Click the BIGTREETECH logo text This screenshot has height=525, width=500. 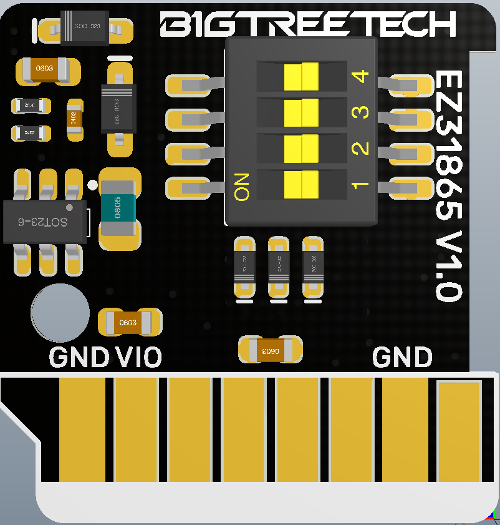click(308, 24)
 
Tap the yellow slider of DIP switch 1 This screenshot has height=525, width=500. click(301, 184)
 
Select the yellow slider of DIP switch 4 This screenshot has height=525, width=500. click(301, 77)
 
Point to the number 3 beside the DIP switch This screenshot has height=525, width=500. click(360, 113)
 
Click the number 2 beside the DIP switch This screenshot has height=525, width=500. click(360, 149)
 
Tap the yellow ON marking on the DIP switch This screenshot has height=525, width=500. click(242, 186)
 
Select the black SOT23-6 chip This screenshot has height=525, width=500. click(43, 221)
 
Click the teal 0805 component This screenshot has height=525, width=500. click(118, 208)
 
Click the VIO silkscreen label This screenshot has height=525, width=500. click(138, 358)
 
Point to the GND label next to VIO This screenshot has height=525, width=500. click(79, 358)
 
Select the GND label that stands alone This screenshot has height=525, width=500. click(402, 358)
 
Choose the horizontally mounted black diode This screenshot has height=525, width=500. click(84, 28)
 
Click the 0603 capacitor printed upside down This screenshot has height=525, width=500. click(271, 350)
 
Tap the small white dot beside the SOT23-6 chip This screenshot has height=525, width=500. click(92, 184)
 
